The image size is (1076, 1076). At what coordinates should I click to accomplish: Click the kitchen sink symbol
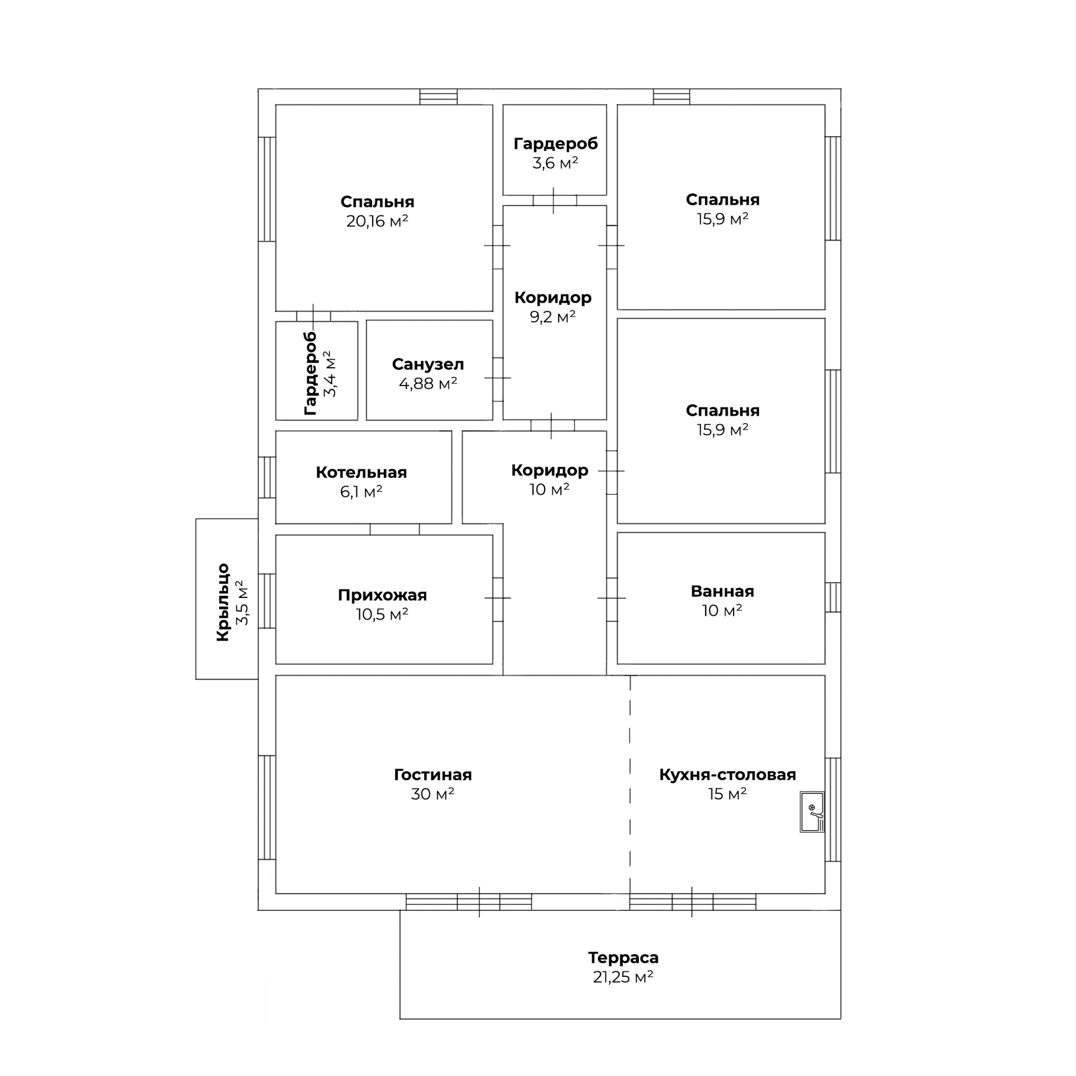[811, 811]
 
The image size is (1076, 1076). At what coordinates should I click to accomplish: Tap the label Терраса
[623, 957]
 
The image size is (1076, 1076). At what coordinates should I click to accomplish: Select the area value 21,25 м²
[623, 977]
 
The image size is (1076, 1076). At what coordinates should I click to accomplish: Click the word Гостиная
[433, 774]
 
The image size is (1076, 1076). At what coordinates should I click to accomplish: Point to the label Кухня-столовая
[727, 774]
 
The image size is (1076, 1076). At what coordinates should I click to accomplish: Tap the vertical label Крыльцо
[223, 602]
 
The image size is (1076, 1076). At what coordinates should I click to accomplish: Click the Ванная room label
[722, 591]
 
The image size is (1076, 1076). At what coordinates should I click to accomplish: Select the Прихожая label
[382, 595]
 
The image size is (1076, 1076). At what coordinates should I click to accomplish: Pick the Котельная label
[361, 472]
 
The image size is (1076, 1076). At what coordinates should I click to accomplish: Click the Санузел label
[428, 364]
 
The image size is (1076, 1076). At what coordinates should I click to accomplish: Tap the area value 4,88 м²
[428, 384]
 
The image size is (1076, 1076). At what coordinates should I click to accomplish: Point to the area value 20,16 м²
[377, 221]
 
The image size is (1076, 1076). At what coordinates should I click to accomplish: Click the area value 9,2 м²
[553, 317]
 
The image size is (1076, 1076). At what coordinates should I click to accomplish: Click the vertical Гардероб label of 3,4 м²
[310, 373]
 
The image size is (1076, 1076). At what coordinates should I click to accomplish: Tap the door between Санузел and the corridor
[498, 378]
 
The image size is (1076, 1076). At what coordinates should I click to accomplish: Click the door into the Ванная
[611, 599]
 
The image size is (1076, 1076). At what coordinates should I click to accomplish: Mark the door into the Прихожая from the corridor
[498, 599]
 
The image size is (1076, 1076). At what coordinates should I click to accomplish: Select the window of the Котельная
[267, 477]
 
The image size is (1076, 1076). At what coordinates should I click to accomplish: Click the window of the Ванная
[833, 597]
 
